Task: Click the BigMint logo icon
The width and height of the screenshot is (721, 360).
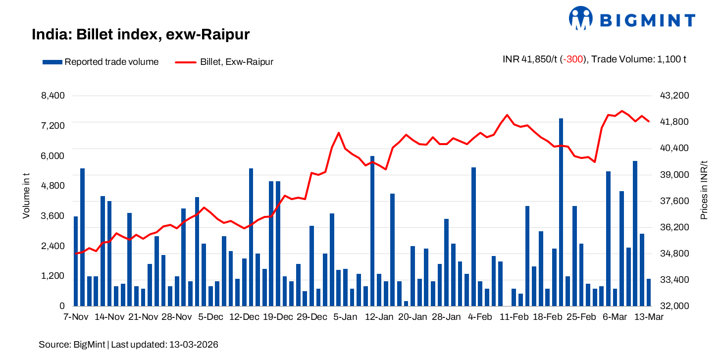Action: tap(581, 19)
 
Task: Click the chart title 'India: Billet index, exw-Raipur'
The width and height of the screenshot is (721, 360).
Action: tap(141, 35)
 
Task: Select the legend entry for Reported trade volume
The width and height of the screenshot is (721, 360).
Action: tap(101, 62)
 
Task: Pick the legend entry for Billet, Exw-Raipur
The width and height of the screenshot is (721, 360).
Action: tap(224, 62)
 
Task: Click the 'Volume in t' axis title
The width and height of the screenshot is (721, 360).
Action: tap(26, 196)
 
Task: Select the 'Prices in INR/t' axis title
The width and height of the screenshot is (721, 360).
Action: tap(704, 191)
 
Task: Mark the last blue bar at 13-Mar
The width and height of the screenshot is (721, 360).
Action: tap(648, 292)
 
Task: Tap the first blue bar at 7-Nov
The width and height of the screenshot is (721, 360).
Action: tap(76, 261)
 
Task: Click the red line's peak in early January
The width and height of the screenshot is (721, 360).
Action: tap(339, 133)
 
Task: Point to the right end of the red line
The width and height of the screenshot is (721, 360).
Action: tap(648, 121)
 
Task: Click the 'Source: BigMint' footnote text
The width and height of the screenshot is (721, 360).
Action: tap(129, 344)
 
